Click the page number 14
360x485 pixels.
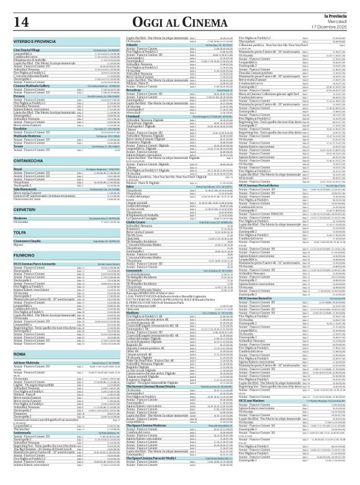(x=21, y=20)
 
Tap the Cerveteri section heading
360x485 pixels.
(x=25, y=209)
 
